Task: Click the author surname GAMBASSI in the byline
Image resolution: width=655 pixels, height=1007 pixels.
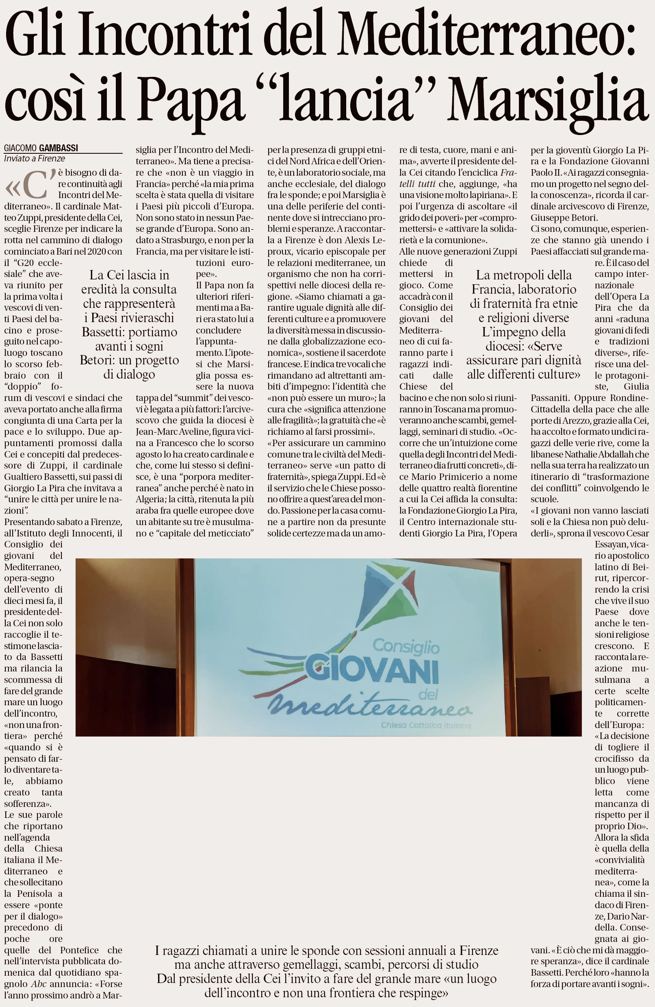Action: coord(59,148)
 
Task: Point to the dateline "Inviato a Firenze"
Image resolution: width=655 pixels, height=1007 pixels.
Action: coord(35,159)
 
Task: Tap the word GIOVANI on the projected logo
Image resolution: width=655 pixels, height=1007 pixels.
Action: coord(372,670)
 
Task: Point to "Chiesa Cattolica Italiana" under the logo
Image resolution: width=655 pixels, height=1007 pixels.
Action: coord(425,725)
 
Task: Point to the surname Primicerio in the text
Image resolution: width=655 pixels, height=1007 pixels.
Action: coord(460,477)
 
